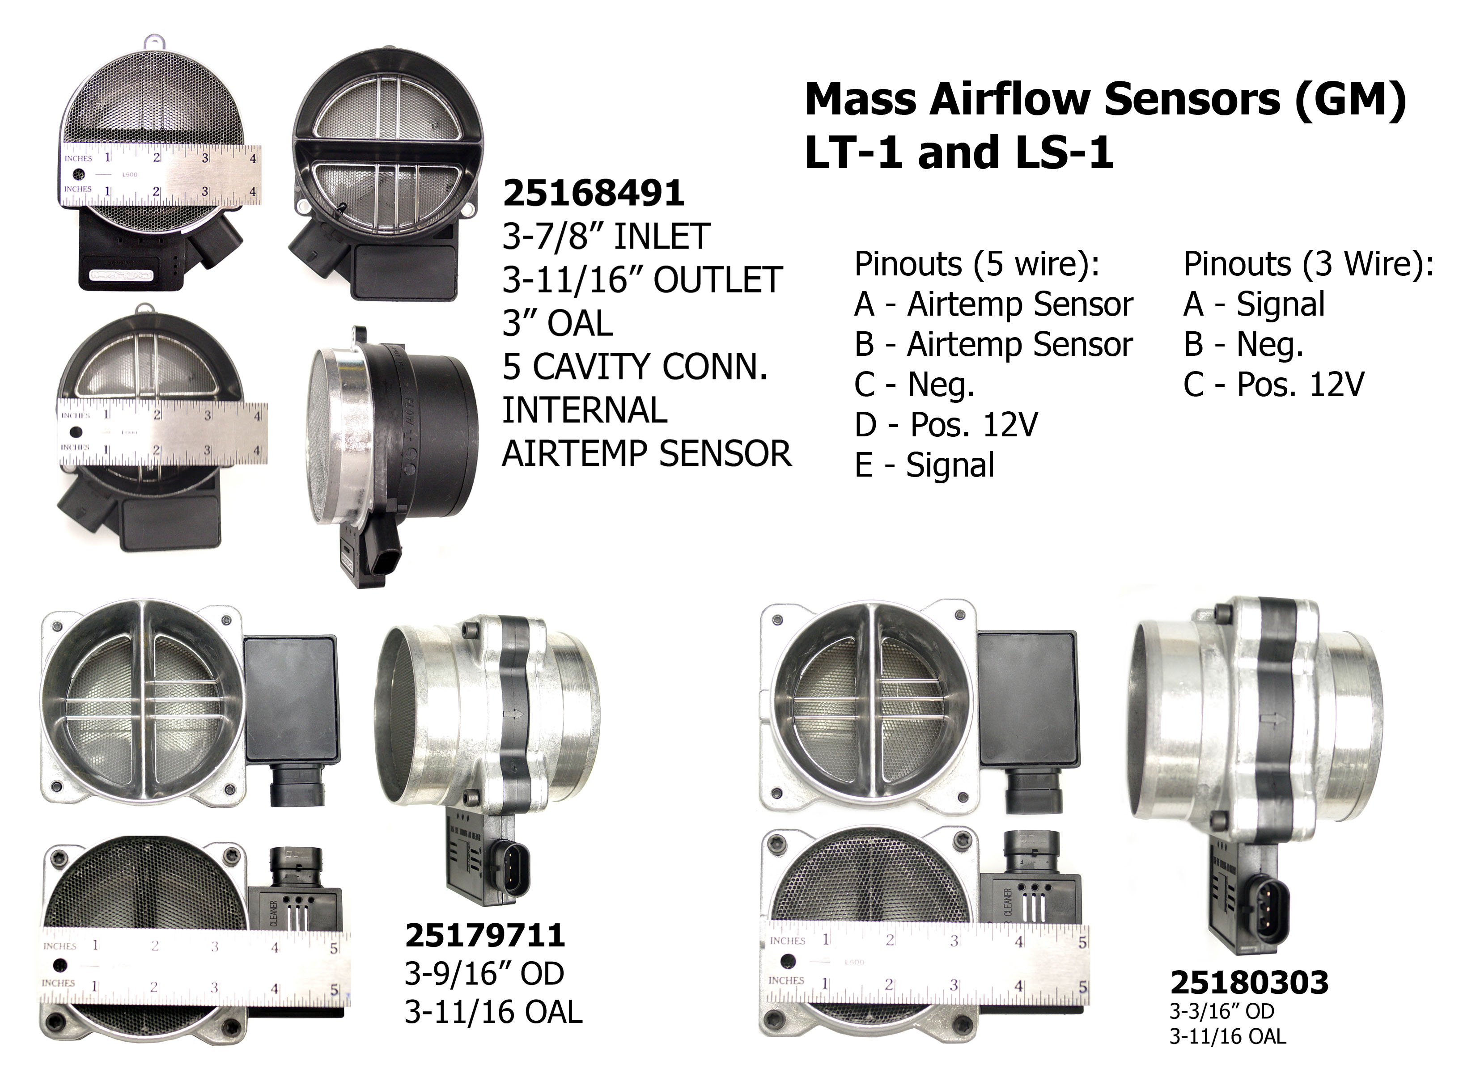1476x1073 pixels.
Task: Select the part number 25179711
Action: coord(485,936)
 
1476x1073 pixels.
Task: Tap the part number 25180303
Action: coord(1249,983)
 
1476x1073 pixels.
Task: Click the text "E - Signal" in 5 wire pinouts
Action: coord(924,465)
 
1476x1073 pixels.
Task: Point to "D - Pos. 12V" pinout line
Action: coord(946,425)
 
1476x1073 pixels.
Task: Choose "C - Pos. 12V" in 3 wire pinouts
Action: coord(1273,384)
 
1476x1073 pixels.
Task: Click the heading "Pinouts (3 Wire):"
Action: coord(1308,264)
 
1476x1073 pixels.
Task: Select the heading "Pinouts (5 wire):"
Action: coord(977,264)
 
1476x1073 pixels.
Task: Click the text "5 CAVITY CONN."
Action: coord(635,366)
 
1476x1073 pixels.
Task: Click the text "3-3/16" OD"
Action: coord(1222,1011)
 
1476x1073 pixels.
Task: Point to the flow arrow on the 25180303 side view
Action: coord(1270,719)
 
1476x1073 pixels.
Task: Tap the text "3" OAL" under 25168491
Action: coord(558,323)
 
